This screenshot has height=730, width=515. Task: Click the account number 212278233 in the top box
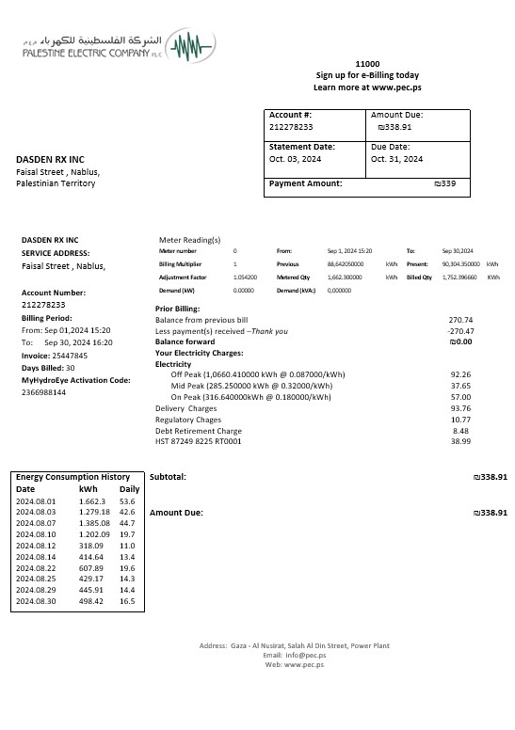point(291,126)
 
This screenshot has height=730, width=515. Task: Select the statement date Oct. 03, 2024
point(296,159)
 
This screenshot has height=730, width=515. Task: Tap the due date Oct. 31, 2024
point(398,159)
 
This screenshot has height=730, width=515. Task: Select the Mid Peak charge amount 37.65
point(460,386)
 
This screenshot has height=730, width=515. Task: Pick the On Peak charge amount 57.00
point(460,397)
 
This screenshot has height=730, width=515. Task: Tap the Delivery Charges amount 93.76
point(460,408)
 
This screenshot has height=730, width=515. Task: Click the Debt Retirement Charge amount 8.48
point(460,431)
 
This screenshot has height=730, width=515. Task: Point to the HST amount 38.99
point(460,441)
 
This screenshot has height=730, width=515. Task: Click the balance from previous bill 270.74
point(460,320)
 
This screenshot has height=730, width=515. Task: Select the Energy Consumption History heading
point(72,477)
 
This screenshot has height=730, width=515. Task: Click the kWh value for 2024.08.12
point(91,546)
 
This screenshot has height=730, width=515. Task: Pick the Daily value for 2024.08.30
point(127,601)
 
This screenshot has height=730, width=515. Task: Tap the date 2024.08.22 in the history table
point(37,568)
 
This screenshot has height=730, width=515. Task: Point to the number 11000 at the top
point(367,62)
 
